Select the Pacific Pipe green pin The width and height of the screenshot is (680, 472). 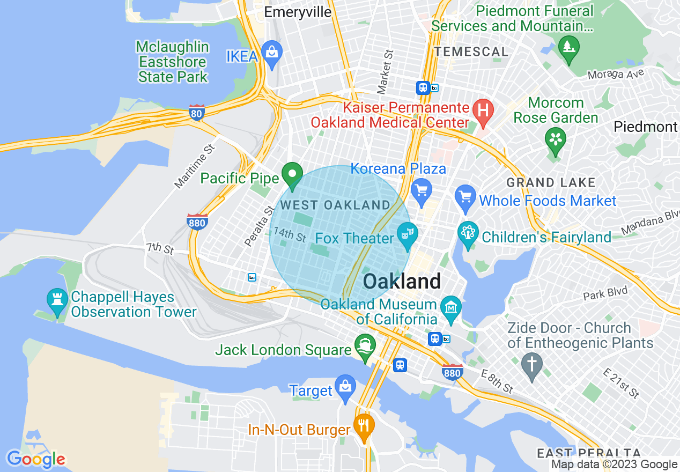pyautogui.click(x=292, y=175)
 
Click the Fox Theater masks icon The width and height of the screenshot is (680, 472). pyautogui.click(x=408, y=234)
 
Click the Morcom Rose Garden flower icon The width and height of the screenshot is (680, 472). pyautogui.click(x=556, y=139)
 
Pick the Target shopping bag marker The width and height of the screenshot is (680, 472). pyautogui.click(x=345, y=387)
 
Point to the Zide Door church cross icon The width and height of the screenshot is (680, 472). pyautogui.click(x=532, y=365)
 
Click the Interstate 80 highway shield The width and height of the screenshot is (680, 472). pyautogui.click(x=197, y=113)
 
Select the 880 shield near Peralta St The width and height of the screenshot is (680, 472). pyautogui.click(x=197, y=222)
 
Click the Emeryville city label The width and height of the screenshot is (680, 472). pyautogui.click(x=298, y=12)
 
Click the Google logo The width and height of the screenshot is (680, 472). pyautogui.click(x=36, y=459)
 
